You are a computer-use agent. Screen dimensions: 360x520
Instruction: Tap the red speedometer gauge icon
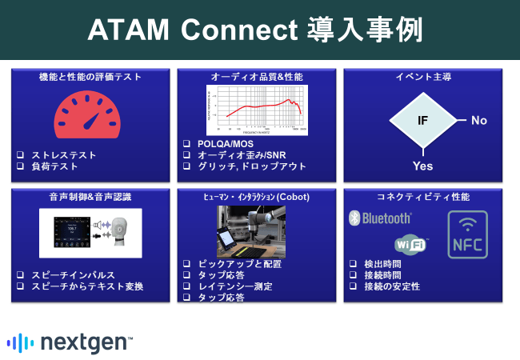pyautogui.click(x=89, y=114)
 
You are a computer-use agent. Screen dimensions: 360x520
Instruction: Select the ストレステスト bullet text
pyautogui.click(x=65, y=155)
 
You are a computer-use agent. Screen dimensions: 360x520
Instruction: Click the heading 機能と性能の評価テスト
pyautogui.click(x=90, y=77)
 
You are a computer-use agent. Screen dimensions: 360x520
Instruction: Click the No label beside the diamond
pyautogui.click(x=478, y=120)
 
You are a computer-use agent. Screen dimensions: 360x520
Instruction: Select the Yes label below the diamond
pyautogui.click(x=422, y=166)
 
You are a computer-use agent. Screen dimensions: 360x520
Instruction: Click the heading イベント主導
pyautogui.click(x=423, y=77)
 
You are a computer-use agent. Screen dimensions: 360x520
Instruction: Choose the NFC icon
pyautogui.click(x=467, y=234)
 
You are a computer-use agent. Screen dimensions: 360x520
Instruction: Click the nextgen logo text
pyautogui.click(x=82, y=342)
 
